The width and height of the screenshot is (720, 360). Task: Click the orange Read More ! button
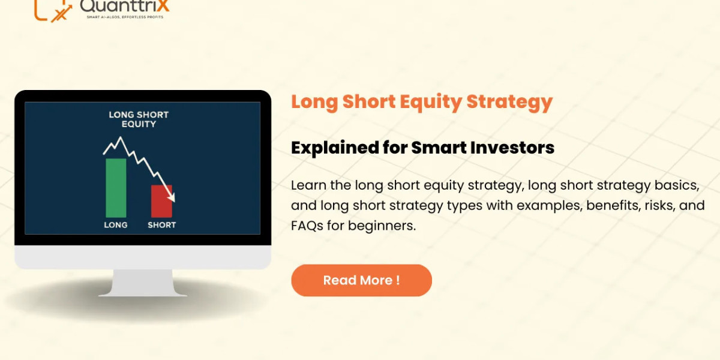pyautogui.click(x=361, y=280)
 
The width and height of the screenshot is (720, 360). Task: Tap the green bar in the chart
pyautogui.click(x=116, y=188)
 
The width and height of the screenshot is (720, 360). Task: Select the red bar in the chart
pyautogui.click(x=161, y=201)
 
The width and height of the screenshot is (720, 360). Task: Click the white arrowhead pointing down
pyautogui.click(x=172, y=197)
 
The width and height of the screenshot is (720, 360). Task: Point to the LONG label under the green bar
pyautogui.click(x=116, y=225)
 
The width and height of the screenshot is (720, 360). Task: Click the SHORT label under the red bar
pyautogui.click(x=161, y=225)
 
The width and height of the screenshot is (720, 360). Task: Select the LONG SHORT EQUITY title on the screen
pyautogui.click(x=139, y=119)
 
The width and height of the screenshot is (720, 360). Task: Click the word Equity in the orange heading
pyautogui.click(x=431, y=102)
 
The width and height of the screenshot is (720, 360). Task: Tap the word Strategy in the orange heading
pyautogui.click(x=509, y=102)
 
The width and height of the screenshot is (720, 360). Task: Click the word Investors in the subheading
pyautogui.click(x=512, y=148)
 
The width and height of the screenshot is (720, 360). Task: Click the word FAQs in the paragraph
pyautogui.click(x=307, y=226)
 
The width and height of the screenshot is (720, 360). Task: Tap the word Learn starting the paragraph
pyautogui.click(x=308, y=185)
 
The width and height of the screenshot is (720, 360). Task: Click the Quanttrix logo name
pyautogui.click(x=124, y=5)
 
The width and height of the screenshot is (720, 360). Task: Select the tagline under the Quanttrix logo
pyautogui.click(x=125, y=17)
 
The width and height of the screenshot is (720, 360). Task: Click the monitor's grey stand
pyautogui.click(x=143, y=283)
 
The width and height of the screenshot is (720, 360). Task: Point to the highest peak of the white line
pyautogui.click(x=121, y=137)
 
